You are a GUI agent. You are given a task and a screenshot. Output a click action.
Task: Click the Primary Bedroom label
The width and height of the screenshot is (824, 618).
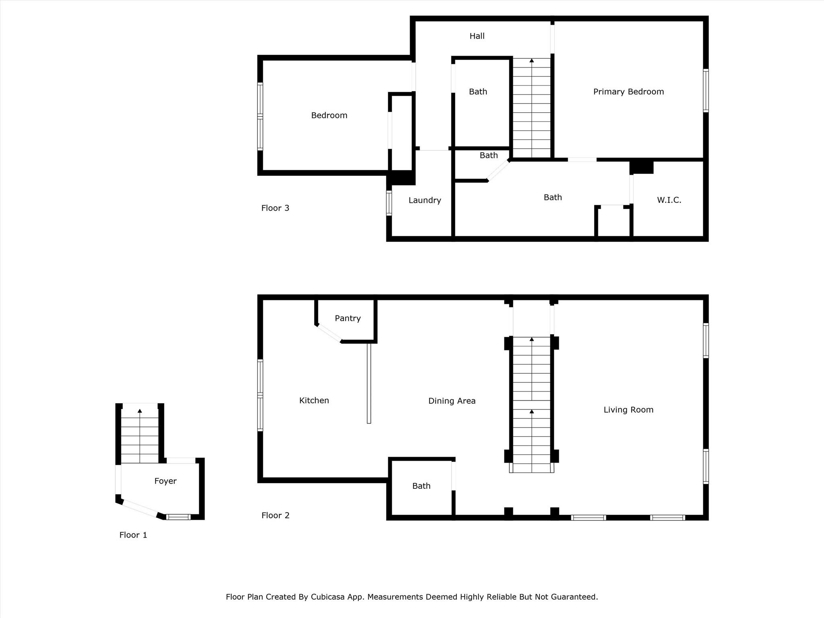pos(628,92)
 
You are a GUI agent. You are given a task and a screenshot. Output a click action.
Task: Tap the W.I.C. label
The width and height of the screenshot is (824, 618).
pos(669,200)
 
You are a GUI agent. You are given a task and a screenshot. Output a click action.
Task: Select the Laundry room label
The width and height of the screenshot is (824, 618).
pos(425,200)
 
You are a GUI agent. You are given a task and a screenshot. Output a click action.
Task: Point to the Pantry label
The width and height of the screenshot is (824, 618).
pos(348,318)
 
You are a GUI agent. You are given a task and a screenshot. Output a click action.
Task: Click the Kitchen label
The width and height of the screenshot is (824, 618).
pos(314,400)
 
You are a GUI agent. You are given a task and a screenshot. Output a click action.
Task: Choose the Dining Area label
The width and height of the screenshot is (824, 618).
pos(452,401)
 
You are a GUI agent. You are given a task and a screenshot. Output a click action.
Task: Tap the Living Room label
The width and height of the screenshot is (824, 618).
pos(628,410)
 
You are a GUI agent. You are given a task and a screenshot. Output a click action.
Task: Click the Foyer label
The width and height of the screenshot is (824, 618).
pos(165,481)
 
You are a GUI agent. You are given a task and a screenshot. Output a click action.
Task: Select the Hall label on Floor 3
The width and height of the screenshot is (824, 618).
pos(477,36)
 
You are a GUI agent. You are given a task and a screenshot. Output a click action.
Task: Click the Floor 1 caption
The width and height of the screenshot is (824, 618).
pos(133,535)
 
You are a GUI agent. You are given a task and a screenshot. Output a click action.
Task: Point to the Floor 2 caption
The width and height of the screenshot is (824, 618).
pos(276,515)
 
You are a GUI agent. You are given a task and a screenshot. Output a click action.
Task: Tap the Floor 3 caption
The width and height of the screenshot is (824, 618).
pos(276,208)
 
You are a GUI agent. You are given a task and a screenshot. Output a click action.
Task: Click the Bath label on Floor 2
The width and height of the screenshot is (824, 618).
pos(421,486)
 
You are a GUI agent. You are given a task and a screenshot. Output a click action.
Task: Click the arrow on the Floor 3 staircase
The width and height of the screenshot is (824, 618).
pos(531,108)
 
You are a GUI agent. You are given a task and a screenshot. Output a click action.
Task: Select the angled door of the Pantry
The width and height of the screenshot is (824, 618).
pos(329,333)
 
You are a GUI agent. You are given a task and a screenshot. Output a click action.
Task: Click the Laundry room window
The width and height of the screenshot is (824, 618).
pos(389,203)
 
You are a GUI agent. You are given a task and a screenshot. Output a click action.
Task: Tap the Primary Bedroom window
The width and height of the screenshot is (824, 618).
pos(706,91)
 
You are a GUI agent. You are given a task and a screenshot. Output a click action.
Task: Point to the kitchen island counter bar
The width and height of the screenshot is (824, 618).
pos(369,383)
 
